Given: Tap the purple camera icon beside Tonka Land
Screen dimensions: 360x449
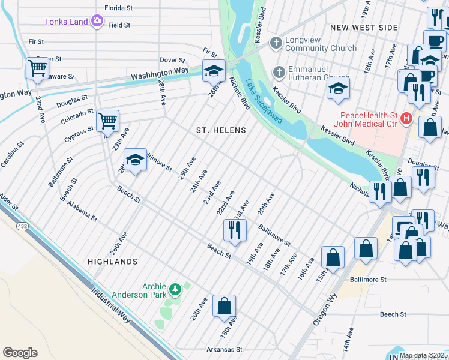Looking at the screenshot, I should [x=97, y=22].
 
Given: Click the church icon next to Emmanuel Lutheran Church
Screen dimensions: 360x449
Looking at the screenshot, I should [x=278, y=72].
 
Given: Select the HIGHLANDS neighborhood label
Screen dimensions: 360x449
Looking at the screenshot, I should [x=112, y=262].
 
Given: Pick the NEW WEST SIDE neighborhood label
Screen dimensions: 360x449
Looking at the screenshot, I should [x=364, y=28].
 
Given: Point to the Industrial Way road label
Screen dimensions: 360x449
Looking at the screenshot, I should [x=112, y=305].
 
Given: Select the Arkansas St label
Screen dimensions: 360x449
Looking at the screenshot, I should [x=224, y=349].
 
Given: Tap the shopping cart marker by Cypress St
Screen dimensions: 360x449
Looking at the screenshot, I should [x=107, y=121].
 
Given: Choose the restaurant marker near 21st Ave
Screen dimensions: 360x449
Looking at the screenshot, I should [x=234, y=230].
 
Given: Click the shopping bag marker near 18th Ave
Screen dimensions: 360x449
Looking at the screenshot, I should [x=224, y=306].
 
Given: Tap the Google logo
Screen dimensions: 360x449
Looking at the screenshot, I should [x=20, y=353].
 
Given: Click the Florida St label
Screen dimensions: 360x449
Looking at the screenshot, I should [x=118, y=8].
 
